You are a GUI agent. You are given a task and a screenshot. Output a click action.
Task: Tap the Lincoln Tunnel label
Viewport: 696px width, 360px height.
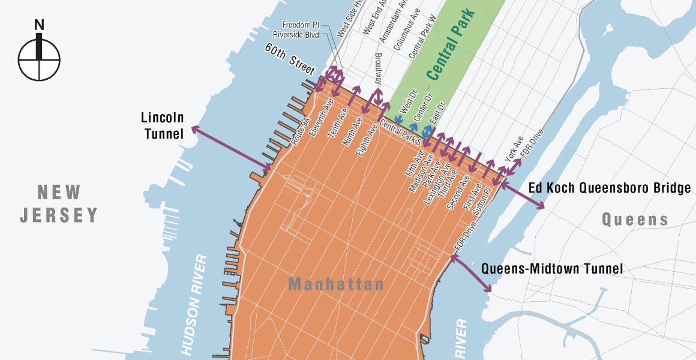tap(163, 125)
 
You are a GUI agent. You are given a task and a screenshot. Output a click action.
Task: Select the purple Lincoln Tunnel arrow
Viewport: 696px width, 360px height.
tap(232, 148)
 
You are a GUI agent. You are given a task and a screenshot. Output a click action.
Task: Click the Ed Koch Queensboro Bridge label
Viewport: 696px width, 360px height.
tap(610, 188)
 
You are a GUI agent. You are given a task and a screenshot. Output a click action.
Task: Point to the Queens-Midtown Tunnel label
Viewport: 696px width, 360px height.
tap(552, 269)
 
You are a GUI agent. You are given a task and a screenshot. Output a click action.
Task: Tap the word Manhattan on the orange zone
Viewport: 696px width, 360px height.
tap(336, 284)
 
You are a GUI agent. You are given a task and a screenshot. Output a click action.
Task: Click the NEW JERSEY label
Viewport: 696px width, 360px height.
tap(59, 203)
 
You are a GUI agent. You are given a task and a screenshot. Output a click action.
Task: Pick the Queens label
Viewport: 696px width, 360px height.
tap(635, 220)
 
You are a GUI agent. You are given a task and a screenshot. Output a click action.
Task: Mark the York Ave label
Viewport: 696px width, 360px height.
tap(514, 147)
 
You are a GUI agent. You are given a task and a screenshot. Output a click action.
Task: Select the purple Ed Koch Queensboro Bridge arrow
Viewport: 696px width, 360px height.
tap(522, 196)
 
